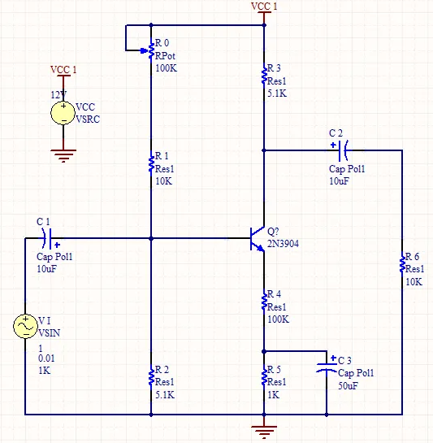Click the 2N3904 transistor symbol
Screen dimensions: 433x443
tap(257, 239)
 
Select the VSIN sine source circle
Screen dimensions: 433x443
tap(25, 326)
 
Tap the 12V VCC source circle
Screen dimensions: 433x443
tap(63, 113)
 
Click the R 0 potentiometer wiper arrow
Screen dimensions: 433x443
tap(144, 51)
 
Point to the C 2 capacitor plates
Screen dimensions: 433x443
tap(343, 150)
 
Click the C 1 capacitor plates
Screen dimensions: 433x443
tap(47, 238)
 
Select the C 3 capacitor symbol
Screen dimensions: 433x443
tap(327, 367)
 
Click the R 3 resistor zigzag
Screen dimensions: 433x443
tap(264, 75)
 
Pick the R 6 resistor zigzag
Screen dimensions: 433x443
tap(402, 263)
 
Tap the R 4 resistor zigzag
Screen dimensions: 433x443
tap(264, 302)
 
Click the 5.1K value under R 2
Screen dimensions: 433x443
tap(165, 394)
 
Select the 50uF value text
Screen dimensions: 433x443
tap(348, 385)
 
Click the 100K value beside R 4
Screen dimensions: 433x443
tap(278, 319)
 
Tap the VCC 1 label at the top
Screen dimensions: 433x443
tap(264, 7)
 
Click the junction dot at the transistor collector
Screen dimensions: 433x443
tap(264, 150)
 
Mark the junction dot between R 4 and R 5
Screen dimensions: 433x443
tap(264, 351)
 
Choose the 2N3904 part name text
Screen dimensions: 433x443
tap(283, 244)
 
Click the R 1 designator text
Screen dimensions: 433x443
tap(162, 156)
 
